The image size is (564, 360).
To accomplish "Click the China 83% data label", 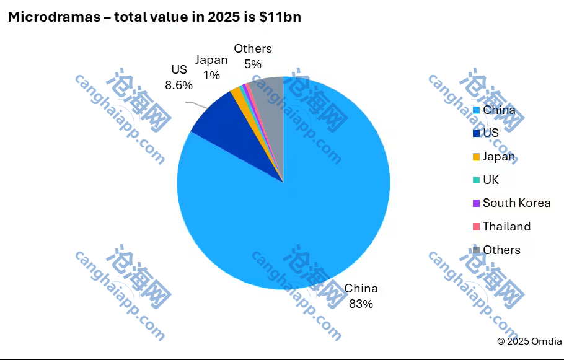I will (361, 296).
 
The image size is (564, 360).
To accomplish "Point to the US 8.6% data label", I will (178, 77).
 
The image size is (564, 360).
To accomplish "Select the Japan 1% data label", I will (211, 67).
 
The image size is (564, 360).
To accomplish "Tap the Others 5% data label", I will (253, 56).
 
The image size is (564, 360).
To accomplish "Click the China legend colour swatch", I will (476, 110).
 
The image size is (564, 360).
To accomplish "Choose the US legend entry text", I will (491, 133).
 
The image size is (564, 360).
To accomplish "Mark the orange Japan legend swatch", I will (476, 157).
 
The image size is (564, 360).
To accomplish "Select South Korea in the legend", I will (516, 203).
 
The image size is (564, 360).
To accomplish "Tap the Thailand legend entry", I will (506, 226).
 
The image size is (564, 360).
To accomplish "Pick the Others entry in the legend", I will (501, 250).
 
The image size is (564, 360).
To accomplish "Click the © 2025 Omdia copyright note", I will (529, 341).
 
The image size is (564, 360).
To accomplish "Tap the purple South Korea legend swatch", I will (476, 203).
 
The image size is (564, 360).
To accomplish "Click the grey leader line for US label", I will (197, 104).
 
